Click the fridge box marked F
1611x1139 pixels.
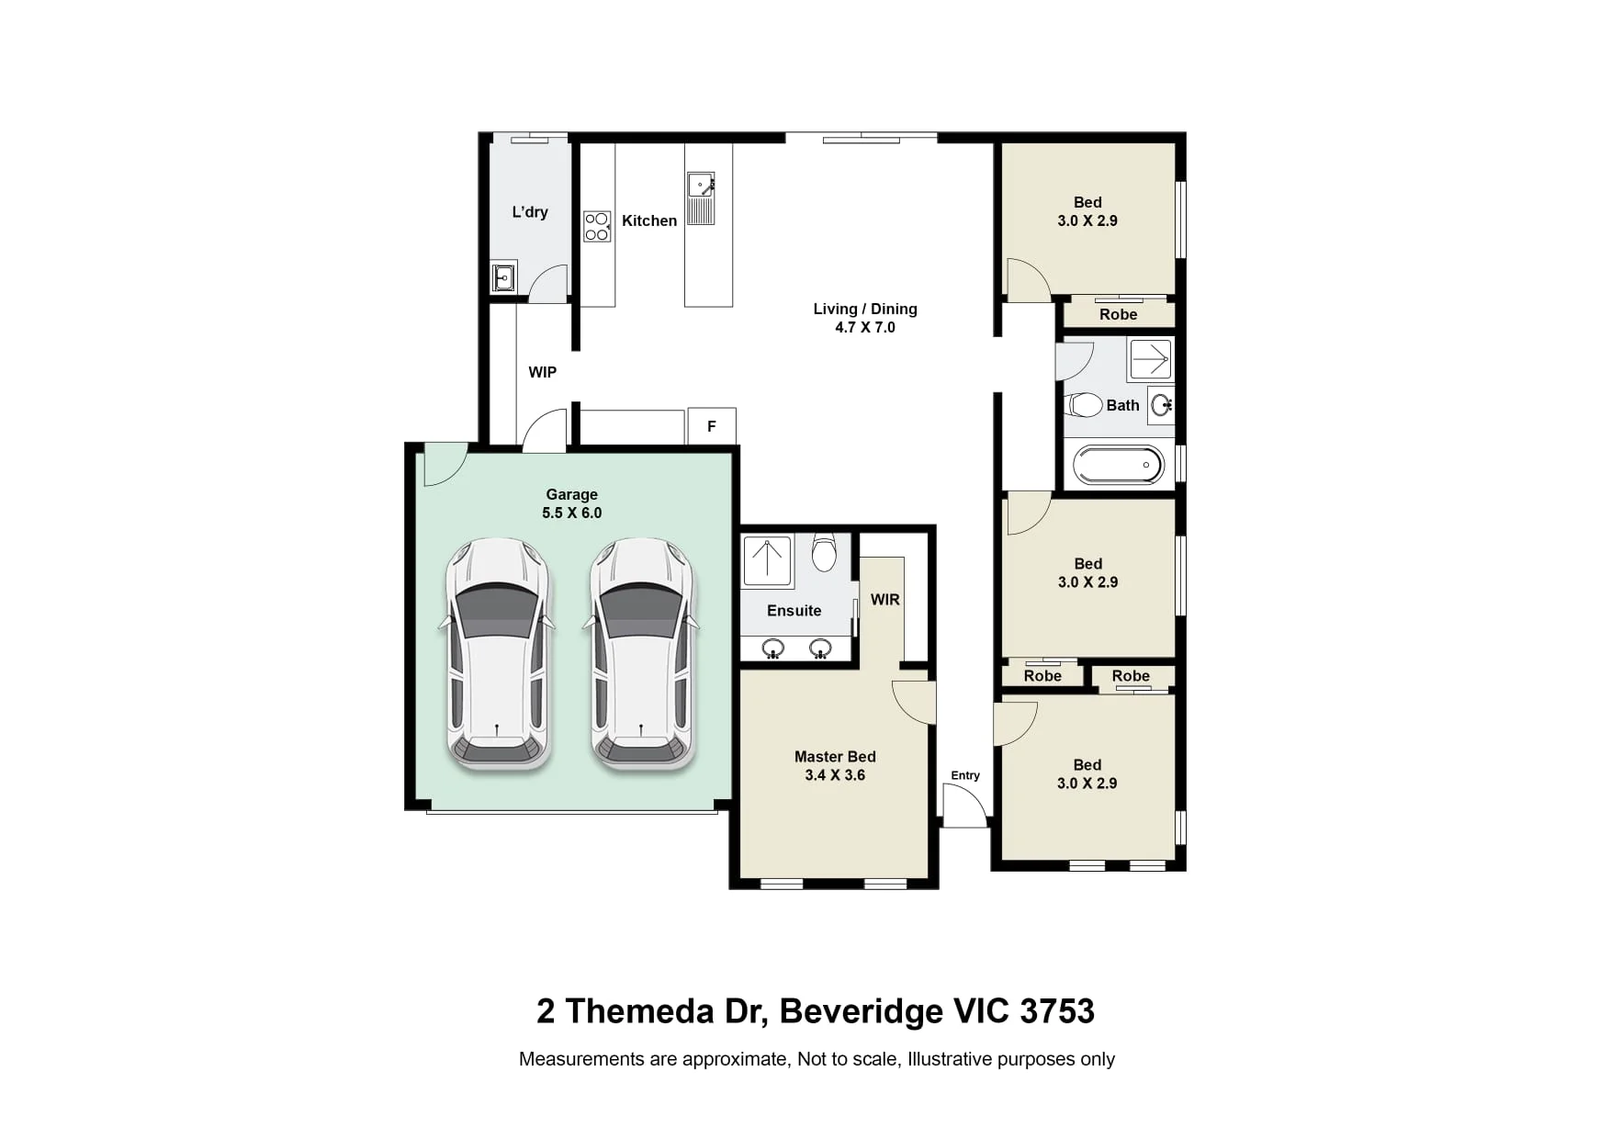[712, 426]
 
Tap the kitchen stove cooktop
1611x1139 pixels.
[597, 227]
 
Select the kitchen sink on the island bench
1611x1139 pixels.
[701, 198]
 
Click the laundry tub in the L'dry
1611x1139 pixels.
[503, 276]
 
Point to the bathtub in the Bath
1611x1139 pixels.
[1119, 465]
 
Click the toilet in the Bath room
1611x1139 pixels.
[1084, 405]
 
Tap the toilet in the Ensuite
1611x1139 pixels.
[824, 553]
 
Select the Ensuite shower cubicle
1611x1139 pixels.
[767, 562]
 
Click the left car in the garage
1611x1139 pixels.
[498, 654]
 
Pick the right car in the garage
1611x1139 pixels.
[642, 654]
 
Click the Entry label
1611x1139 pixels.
[965, 775]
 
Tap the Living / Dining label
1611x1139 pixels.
[865, 309]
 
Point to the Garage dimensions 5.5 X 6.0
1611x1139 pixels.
[572, 513]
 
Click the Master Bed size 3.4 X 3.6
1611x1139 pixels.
[835, 775]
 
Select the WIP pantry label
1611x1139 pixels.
[543, 372]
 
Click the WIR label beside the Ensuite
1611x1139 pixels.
[885, 600]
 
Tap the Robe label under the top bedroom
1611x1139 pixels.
[1119, 314]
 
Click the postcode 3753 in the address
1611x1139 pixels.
[1057, 1011]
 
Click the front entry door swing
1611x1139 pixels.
[965, 806]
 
